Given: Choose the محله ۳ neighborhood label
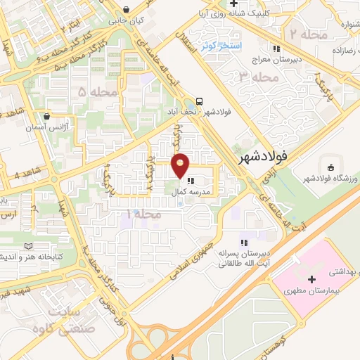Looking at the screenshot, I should tap(254, 77).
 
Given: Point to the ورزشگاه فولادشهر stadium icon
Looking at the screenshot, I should tap(331, 167).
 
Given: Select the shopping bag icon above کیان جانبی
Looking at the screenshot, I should tap(126, 9).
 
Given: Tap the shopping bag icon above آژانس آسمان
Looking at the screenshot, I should tap(46, 117).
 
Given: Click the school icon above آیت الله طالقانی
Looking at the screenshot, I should tap(244, 242).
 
